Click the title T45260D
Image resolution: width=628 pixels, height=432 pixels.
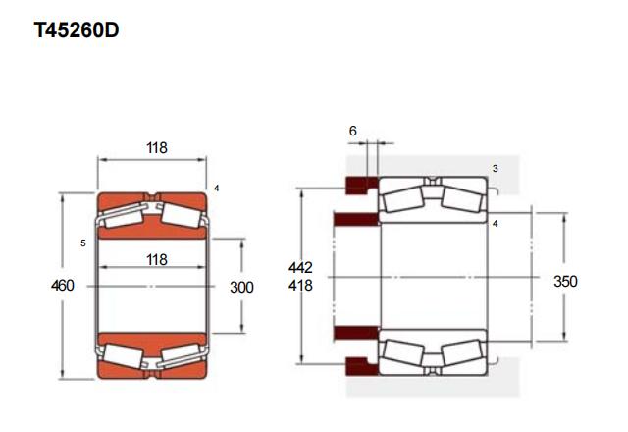pyautogui.click(x=77, y=30)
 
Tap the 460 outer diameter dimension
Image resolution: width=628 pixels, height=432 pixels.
pyautogui.click(x=63, y=286)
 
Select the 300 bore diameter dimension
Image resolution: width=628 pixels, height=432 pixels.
pyautogui.click(x=241, y=287)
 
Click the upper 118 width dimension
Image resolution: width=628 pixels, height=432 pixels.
pyautogui.click(x=157, y=148)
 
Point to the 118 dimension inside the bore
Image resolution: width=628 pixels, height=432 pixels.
pyautogui.click(x=157, y=259)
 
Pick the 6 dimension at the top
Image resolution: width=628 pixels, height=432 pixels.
pyautogui.click(x=353, y=131)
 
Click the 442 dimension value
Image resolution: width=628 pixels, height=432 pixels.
pyautogui.click(x=300, y=267)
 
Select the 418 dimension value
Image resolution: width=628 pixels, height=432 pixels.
pyautogui.click(x=300, y=286)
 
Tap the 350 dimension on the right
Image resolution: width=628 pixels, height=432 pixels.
pyautogui.click(x=565, y=282)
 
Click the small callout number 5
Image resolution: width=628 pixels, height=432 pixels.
pyautogui.click(x=83, y=243)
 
